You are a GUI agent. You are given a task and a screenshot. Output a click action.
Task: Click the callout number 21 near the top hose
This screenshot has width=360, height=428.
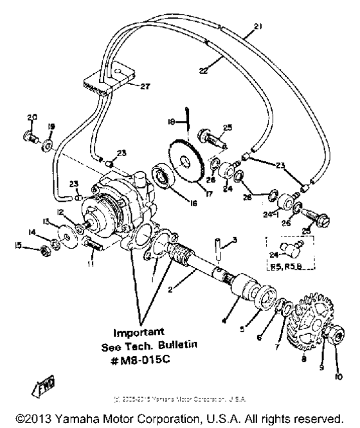[x=258, y=26]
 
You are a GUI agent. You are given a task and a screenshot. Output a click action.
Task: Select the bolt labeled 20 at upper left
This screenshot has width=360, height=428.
[x=29, y=136]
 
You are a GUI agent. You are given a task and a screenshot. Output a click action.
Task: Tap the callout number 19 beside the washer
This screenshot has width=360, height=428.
[x=51, y=127]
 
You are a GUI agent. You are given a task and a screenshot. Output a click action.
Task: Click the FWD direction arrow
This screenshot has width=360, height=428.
[x=39, y=384]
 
